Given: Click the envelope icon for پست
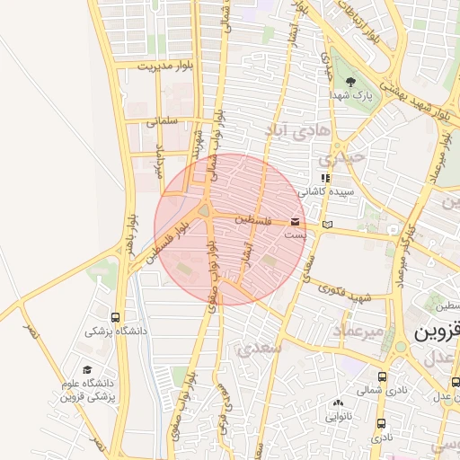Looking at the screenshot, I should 296,221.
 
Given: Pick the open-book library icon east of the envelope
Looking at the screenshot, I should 327,224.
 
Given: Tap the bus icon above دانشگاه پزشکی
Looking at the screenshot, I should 115,317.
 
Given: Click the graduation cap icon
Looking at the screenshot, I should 87,369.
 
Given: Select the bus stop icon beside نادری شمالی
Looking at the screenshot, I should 383,377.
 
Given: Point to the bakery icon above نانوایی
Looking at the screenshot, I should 338,403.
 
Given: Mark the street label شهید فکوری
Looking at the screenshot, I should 349,296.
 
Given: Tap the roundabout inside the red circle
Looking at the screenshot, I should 205,212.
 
